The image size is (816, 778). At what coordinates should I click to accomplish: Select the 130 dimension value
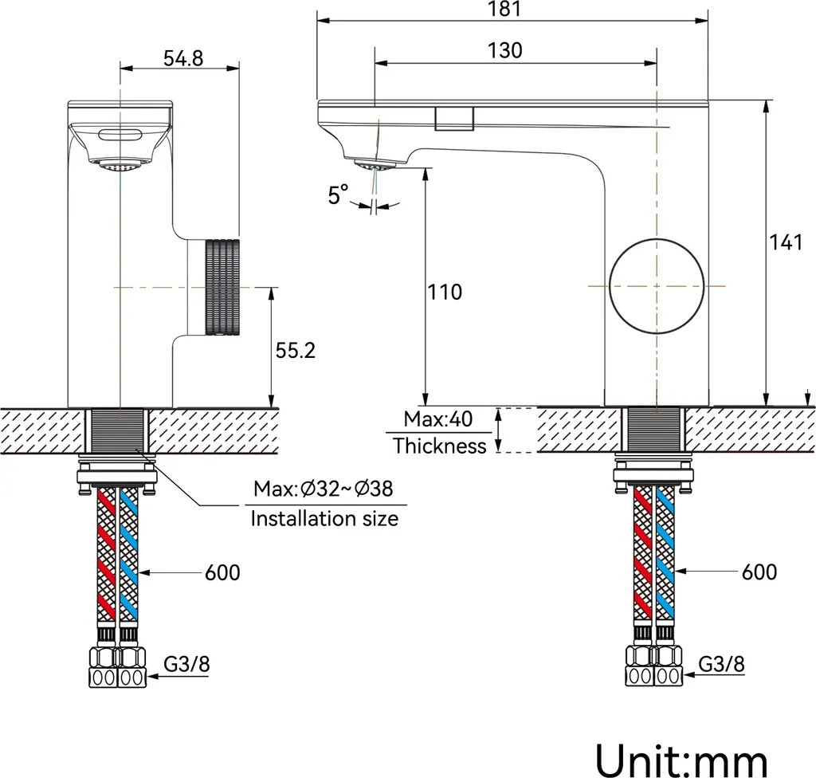[504, 50]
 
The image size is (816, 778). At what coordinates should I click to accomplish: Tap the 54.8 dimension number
[183, 58]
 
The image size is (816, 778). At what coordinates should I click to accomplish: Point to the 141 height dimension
[786, 242]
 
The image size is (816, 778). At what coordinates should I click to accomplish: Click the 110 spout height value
[445, 292]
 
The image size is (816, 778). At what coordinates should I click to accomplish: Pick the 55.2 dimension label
[295, 351]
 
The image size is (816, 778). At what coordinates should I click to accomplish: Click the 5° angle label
[338, 194]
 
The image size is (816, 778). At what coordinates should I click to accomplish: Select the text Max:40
[438, 418]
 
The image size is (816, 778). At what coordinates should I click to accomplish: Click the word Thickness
[439, 446]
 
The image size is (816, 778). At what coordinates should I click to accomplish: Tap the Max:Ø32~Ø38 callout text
[324, 489]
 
